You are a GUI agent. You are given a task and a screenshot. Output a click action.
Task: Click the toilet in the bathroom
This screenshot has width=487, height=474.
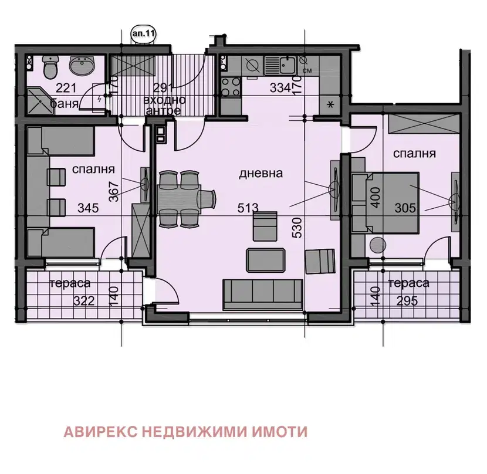50,67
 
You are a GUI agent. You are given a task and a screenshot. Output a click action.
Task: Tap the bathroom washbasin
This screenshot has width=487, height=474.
82,66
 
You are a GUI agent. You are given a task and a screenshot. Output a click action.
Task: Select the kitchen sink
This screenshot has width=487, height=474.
284,65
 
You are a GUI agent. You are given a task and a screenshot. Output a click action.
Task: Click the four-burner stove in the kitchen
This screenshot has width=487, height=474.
231,87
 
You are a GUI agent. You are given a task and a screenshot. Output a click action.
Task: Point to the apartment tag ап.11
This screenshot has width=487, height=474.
144,33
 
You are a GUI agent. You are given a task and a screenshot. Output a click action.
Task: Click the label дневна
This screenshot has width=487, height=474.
261,173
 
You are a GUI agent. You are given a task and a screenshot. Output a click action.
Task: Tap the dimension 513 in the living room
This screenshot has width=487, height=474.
248,208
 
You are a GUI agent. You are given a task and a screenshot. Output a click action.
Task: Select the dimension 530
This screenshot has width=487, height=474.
297,228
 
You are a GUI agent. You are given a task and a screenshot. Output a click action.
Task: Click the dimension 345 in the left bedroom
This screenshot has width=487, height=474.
88,208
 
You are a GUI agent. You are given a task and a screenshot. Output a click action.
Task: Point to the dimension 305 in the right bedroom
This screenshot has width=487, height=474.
405,208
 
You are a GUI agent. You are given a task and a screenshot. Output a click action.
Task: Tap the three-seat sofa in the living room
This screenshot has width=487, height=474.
263,294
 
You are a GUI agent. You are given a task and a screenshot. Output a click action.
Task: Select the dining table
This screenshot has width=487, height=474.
179,198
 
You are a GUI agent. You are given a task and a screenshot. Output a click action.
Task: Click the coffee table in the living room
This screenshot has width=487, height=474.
266,260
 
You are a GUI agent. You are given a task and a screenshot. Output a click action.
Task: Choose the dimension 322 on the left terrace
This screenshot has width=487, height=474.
84,301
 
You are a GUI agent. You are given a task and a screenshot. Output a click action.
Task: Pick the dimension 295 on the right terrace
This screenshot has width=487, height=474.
407,301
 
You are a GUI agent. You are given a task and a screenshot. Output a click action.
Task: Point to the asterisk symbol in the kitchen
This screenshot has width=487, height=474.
330,104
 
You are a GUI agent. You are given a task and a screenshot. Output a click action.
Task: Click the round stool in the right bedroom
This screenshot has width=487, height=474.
378,245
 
